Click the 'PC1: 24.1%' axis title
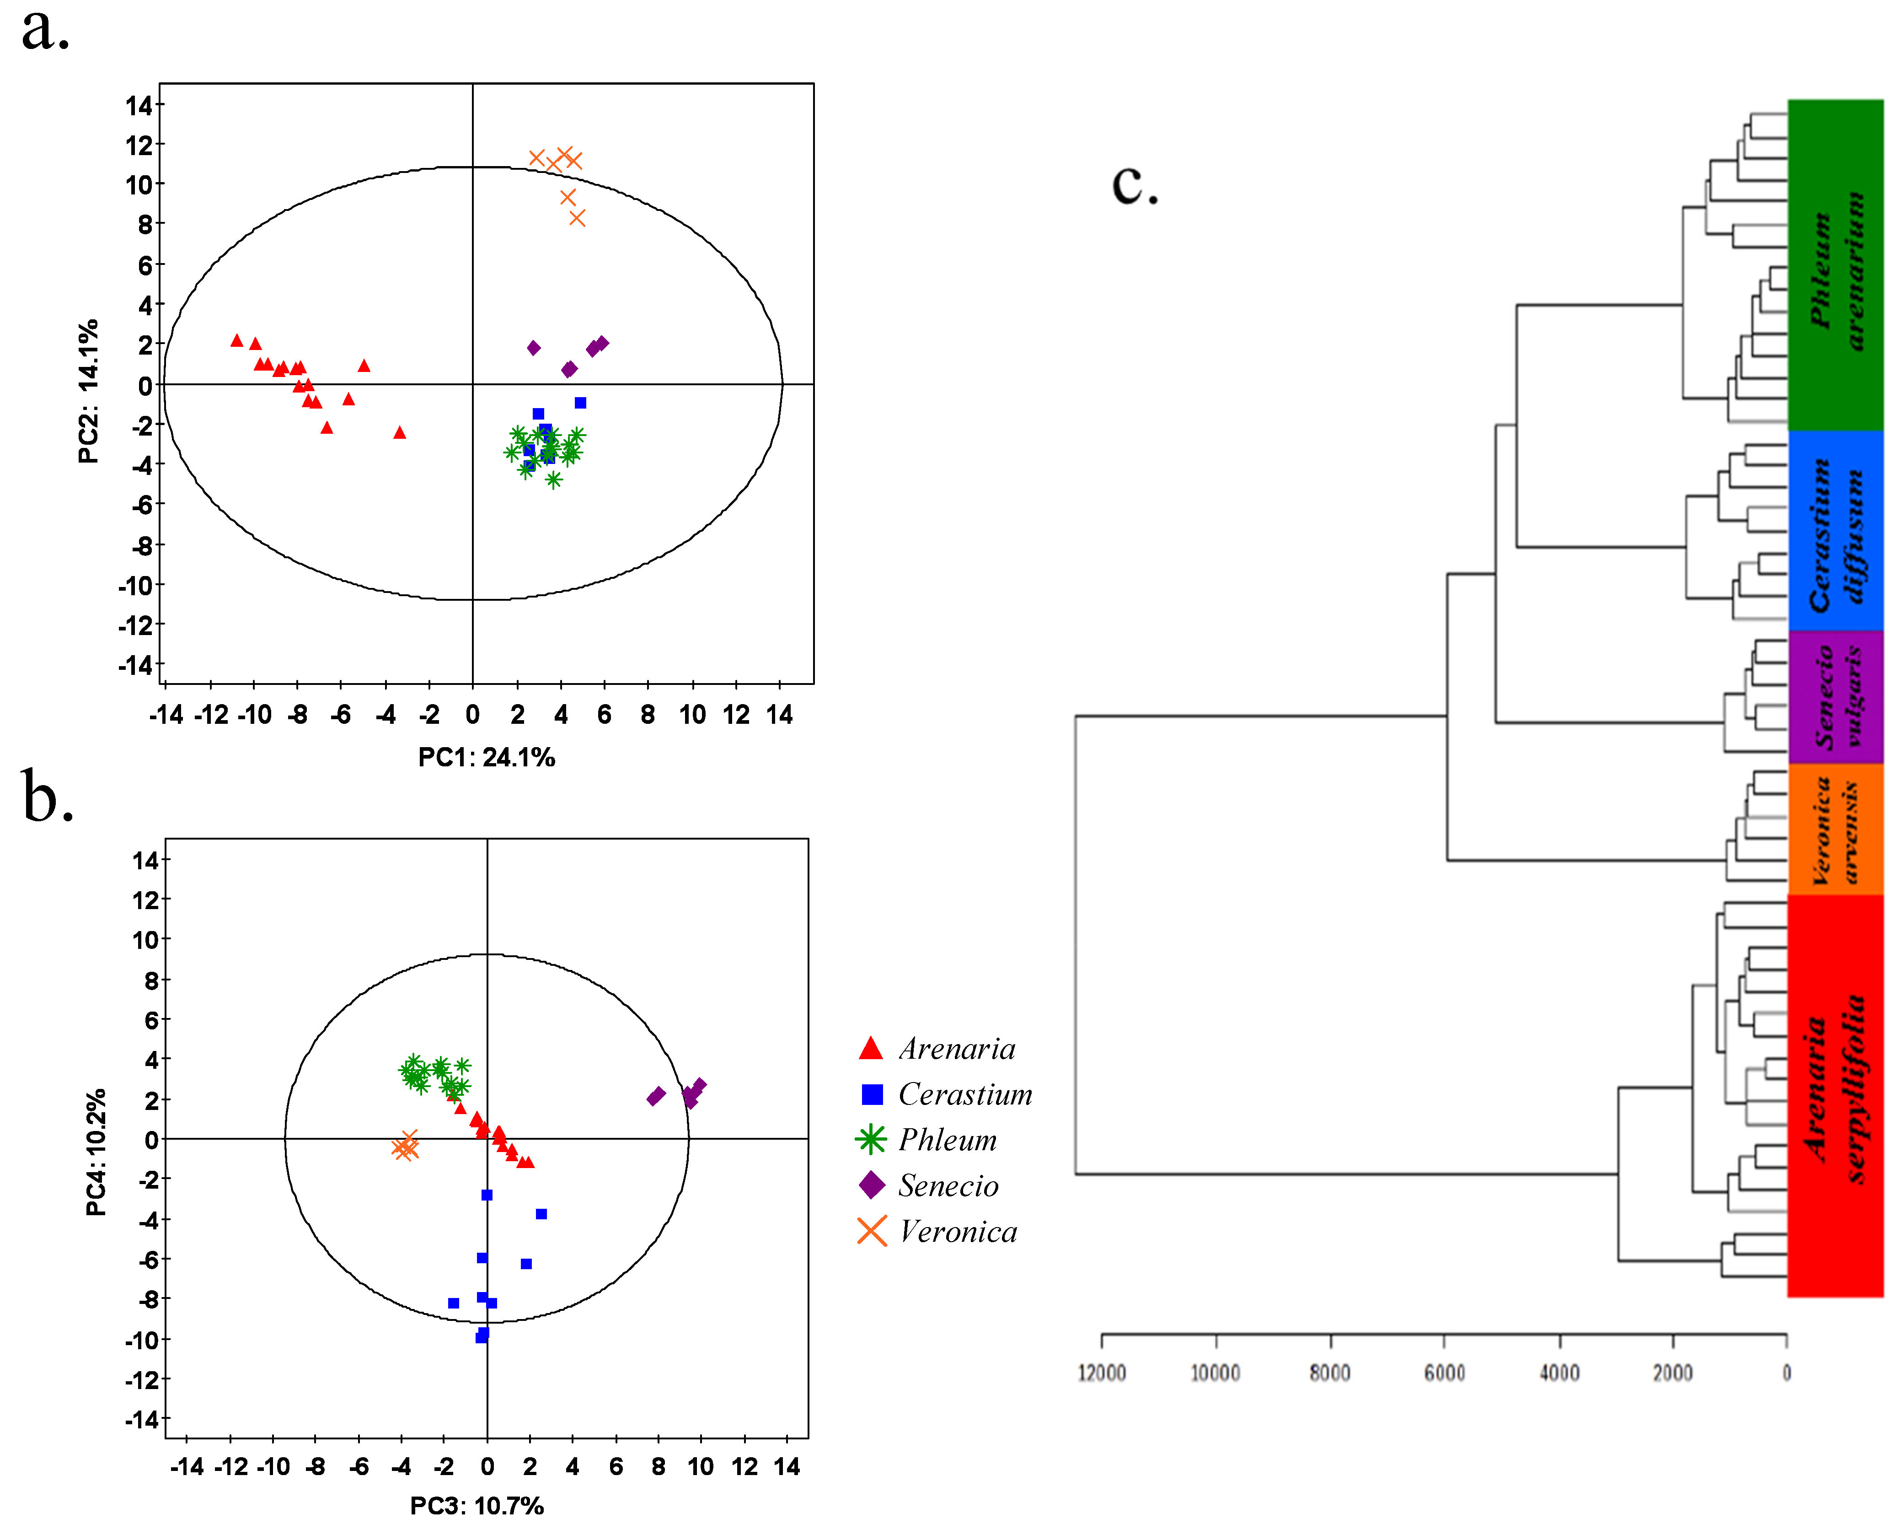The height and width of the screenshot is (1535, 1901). pos(486,758)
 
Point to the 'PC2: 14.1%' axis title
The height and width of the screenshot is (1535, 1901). pos(88,392)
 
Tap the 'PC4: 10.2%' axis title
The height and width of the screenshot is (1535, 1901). pos(96,1152)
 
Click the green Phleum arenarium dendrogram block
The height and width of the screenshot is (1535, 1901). pos(1835,265)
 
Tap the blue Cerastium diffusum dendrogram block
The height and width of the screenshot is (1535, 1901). pos(1835,531)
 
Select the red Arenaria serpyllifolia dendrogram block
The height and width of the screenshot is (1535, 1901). pos(1835,1096)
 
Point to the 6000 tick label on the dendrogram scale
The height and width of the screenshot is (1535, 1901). pos(1444,1373)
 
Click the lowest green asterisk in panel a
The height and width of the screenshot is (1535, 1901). pos(553,480)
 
